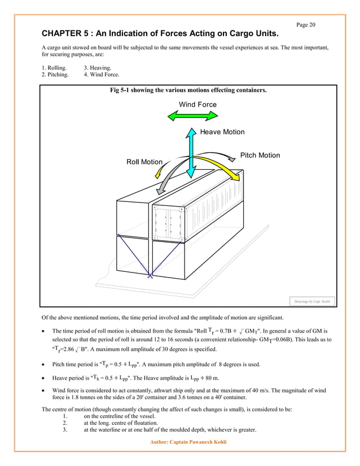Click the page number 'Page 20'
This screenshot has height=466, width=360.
click(305, 24)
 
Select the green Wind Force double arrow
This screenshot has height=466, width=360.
click(192, 116)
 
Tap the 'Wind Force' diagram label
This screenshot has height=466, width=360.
click(197, 104)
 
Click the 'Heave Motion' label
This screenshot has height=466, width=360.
click(222, 132)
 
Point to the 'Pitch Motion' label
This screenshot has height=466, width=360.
click(260, 155)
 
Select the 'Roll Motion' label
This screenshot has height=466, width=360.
click(144, 162)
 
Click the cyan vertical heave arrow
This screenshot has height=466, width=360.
click(192, 152)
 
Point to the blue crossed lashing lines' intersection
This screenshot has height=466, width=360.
click(150, 276)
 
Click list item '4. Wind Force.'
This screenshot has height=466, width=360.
click(102, 74)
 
